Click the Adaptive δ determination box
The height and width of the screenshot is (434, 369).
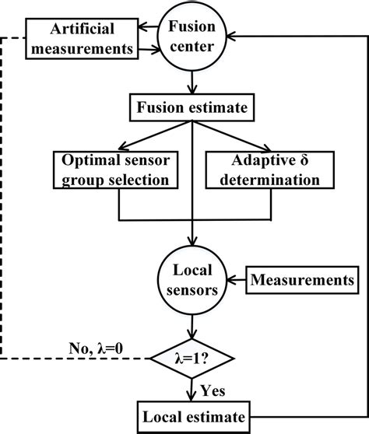coord(264,170)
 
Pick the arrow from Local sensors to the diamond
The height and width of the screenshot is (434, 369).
coord(191,327)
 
